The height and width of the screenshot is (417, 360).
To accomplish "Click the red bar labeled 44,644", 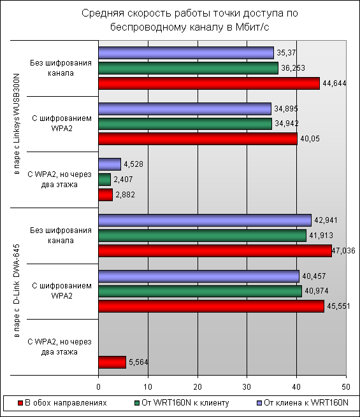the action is point(209,83).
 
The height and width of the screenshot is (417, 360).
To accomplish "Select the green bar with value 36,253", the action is point(188,68).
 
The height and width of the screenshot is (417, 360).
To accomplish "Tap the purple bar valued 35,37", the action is point(186,53).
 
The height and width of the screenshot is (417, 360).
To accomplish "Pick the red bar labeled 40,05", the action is point(198,139).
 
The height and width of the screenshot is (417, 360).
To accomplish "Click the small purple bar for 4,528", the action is point(110,164).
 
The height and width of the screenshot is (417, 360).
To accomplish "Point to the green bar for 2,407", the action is point(104,180).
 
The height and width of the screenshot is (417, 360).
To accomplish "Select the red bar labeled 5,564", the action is point(112,362).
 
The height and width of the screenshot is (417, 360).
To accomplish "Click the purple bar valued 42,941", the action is point(205,220).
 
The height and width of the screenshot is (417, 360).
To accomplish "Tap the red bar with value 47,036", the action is point(215,251).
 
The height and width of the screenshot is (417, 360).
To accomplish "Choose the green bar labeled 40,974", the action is point(200,291).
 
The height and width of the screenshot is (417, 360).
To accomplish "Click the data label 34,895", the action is point(286,108).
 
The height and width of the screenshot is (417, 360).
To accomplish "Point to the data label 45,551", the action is point(338,306).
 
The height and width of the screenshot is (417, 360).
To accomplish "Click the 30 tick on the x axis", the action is point(247,386).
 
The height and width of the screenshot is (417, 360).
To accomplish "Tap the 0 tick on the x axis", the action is point(99,386).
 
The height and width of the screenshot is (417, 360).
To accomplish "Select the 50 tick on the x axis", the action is point(346,386).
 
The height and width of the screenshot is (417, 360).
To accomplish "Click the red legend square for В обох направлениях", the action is point(20,403).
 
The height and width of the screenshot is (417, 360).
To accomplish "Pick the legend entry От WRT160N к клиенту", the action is point(182,403).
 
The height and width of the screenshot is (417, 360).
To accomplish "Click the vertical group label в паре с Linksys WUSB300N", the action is point(17,124).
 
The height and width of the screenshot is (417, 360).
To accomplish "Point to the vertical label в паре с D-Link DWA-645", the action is point(17,291).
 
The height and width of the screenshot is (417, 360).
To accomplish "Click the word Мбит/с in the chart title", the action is point(252,27).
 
